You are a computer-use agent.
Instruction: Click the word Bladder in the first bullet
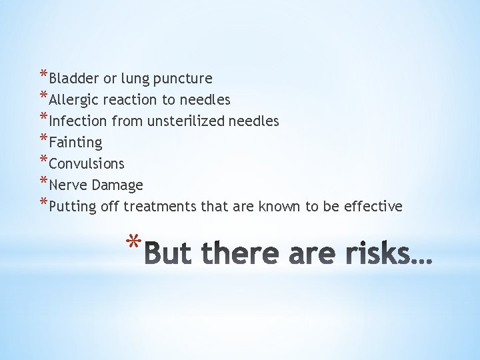coord(74,79)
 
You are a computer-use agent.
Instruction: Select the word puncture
coord(183,79)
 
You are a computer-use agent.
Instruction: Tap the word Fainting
coord(75,143)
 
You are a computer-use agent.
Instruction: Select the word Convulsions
coord(87,164)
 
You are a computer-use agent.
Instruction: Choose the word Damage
coord(118,185)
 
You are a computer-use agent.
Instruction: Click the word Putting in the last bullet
coord(73,207)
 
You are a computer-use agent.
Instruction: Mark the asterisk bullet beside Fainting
coord(44,140)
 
